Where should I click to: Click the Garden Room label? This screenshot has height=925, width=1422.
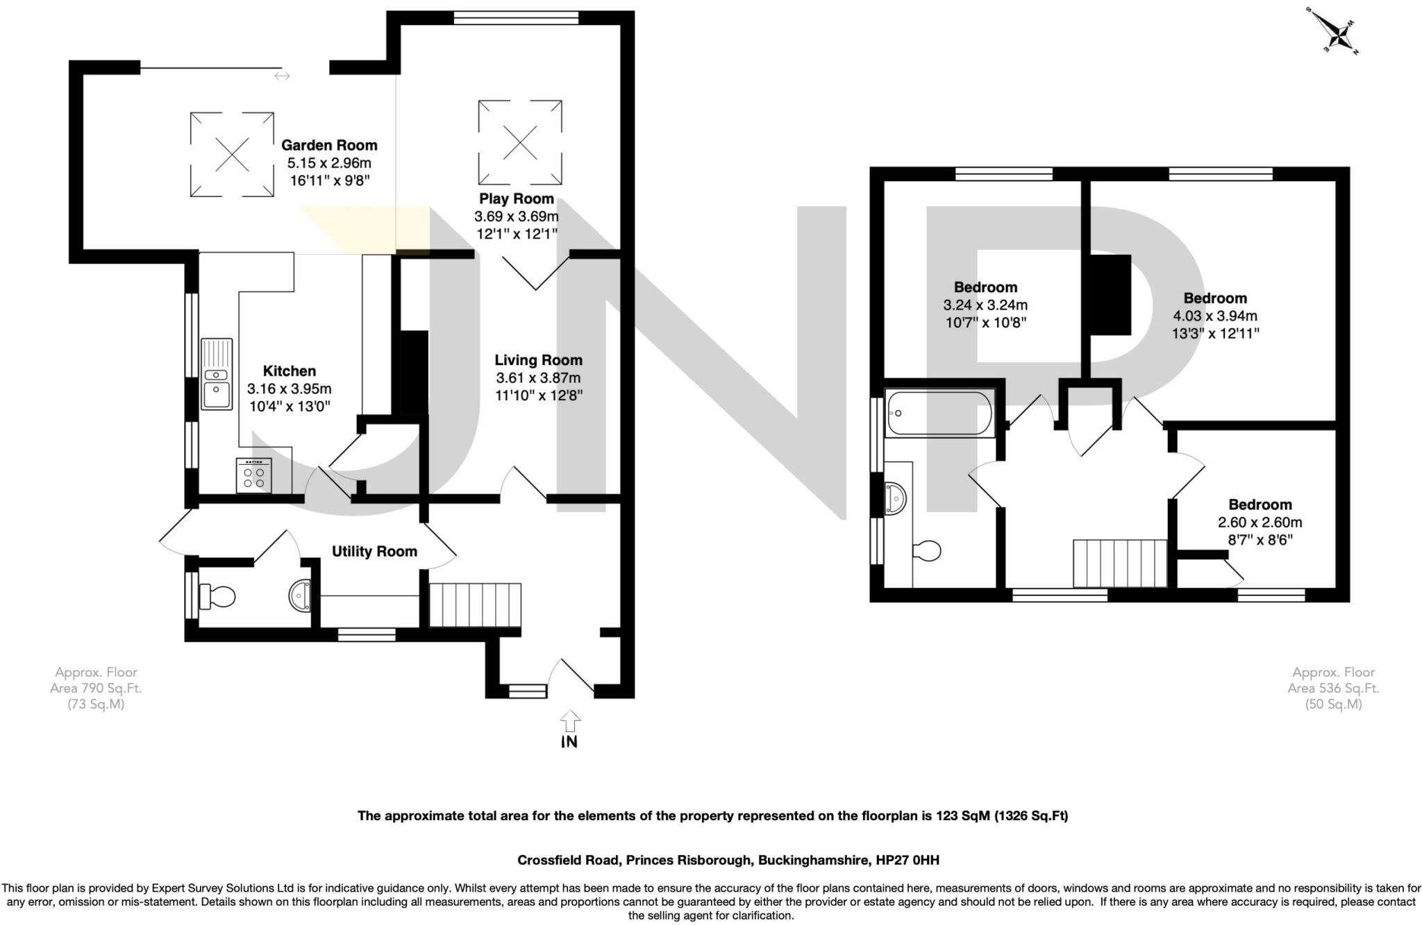click(329, 146)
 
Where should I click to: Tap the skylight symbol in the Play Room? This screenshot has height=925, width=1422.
click(520, 142)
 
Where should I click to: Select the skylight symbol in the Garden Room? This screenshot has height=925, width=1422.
click(232, 154)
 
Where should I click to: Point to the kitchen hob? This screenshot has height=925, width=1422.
click(253, 475)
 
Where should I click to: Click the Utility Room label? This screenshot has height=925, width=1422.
click(374, 552)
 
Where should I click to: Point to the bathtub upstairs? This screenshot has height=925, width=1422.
click(939, 414)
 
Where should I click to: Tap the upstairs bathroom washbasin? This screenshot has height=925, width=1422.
click(896, 497)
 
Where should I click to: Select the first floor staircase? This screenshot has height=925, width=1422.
click(1119, 563)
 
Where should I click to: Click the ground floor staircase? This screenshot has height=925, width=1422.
click(475, 605)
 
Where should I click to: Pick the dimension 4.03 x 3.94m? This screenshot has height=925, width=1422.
click(1215, 316)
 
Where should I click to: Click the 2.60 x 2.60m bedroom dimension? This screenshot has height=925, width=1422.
click(1260, 523)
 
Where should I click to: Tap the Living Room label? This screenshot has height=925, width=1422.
click(538, 360)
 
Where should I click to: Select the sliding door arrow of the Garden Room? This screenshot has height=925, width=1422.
click(282, 76)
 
